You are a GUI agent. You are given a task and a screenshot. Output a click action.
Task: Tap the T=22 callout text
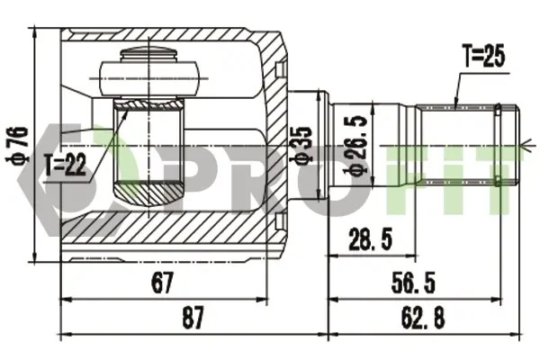(x=65, y=165)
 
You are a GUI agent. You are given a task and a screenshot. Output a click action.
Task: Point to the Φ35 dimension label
(x=301, y=144)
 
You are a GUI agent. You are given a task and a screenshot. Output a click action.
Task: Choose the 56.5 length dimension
(x=413, y=282)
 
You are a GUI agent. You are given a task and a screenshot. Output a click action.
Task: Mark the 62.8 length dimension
(x=423, y=318)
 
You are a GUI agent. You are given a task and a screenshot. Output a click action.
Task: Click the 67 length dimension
(x=162, y=282)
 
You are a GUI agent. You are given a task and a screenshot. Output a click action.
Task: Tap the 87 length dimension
(x=193, y=318)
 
